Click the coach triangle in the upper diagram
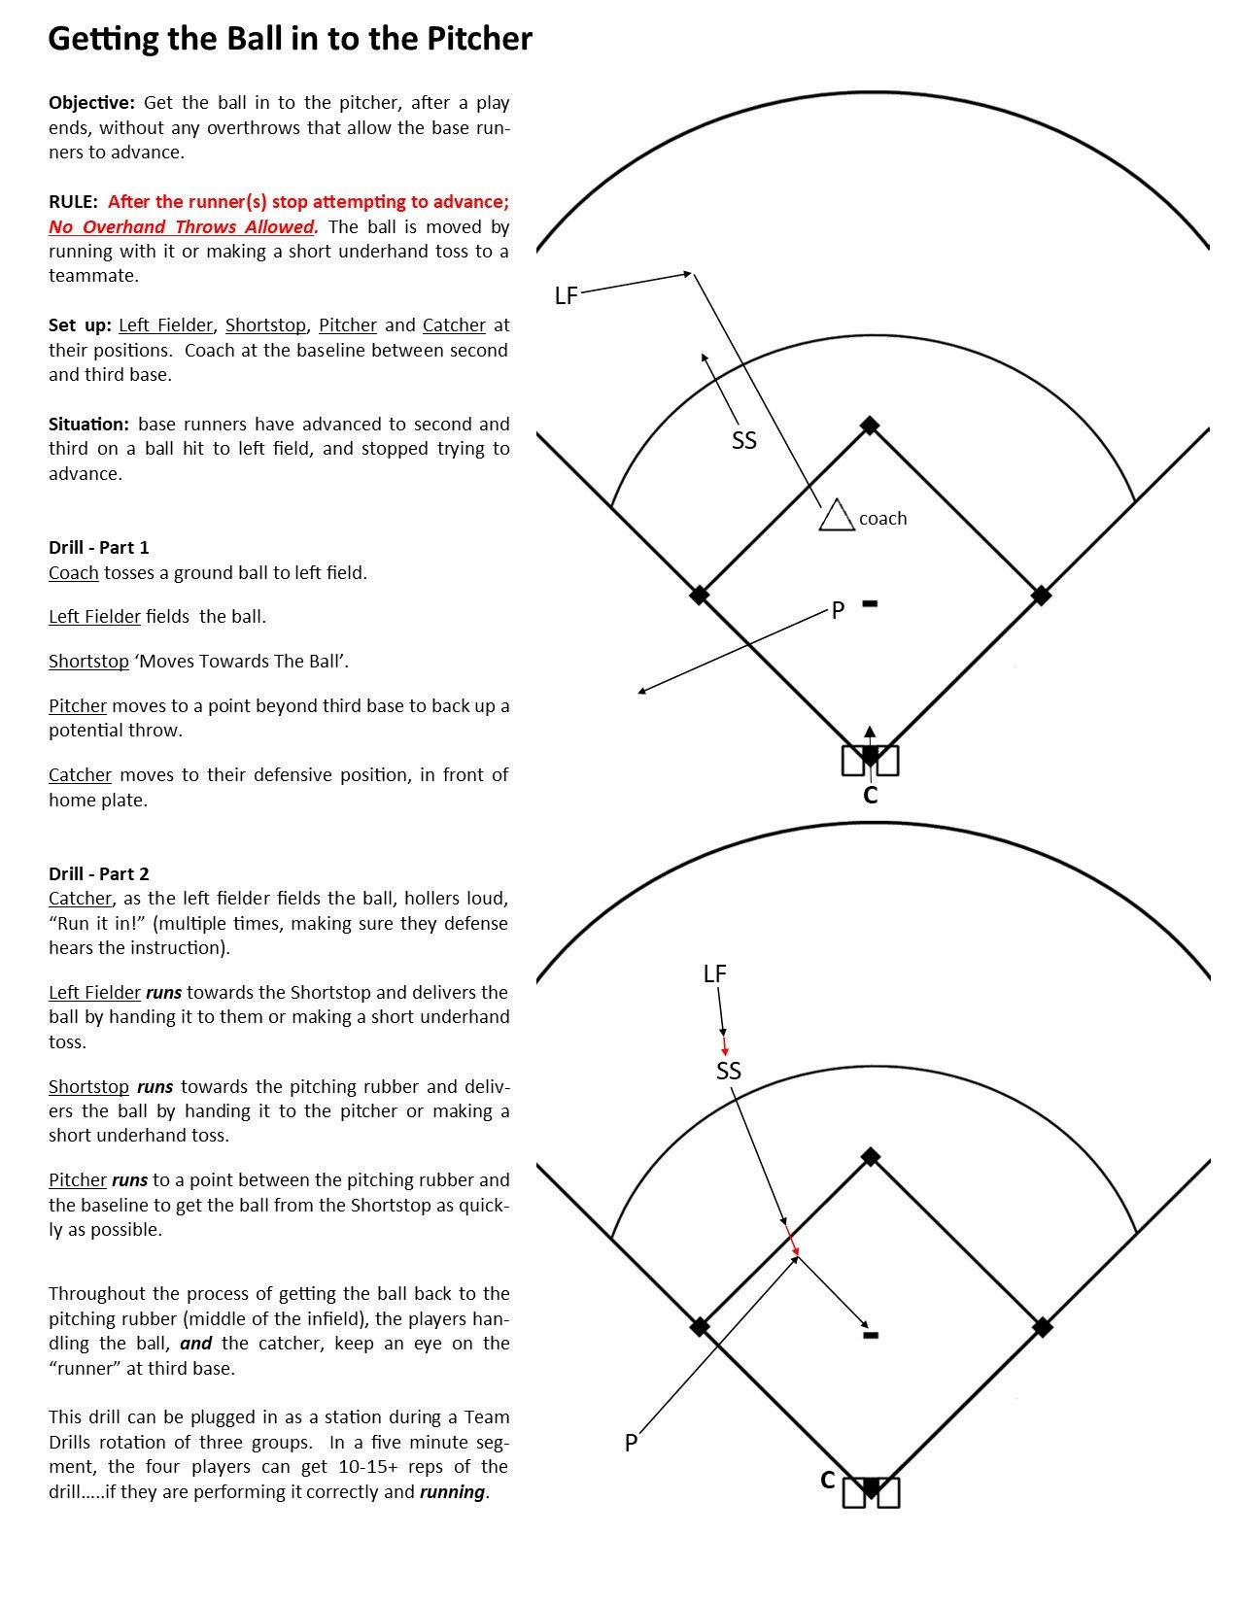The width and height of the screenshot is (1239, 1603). (x=835, y=517)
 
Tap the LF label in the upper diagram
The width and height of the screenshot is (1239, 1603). (x=566, y=295)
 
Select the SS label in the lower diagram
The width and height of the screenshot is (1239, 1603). (x=728, y=1071)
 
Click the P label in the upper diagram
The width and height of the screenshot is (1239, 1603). (x=838, y=611)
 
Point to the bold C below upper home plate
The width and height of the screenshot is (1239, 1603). (x=870, y=796)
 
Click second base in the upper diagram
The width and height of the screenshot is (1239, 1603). (x=870, y=426)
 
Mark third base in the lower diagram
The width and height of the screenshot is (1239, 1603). (x=699, y=1326)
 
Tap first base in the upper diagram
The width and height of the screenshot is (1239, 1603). (x=1041, y=595)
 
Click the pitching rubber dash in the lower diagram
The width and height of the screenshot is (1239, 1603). (x=871, y=1335)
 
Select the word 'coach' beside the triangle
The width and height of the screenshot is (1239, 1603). (x=882, y=519)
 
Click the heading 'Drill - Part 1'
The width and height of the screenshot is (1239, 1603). (x=99, y=548)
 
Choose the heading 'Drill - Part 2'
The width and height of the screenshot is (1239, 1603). (x=99, y=873)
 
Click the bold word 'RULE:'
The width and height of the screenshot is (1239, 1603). (x=74, y=202)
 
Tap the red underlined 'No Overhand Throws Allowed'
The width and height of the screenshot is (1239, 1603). (x=183, y=227)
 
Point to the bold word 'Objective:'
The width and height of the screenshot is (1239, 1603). (x=91, y=103)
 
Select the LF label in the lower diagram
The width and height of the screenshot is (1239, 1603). (x=714, y=973)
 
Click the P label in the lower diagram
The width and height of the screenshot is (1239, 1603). (x=631, y=1443)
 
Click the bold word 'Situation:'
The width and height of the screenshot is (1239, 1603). (x=88, y=425)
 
